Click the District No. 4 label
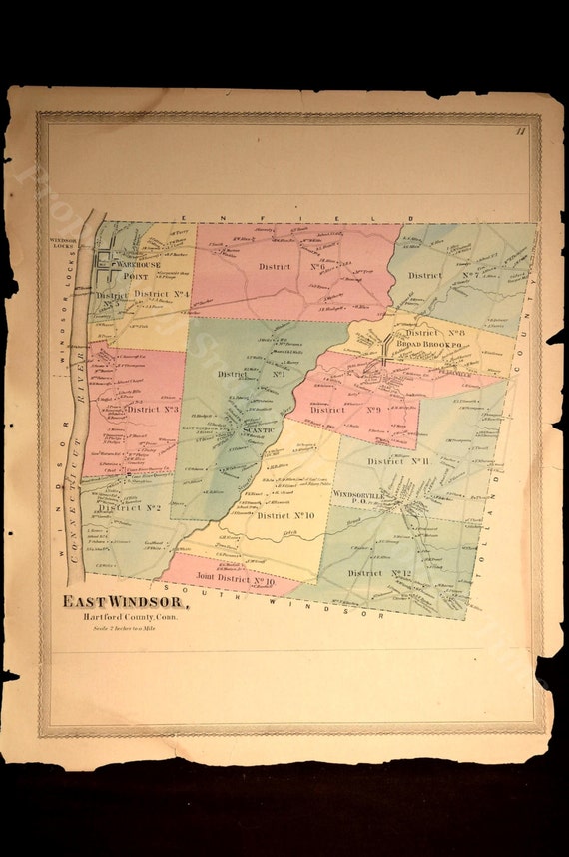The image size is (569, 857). pyautogui.click(x=162, y=294)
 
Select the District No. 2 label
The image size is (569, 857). pyautogui.click(x=130, y=507)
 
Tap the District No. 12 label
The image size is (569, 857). pyautogui.click(x=379, y=573)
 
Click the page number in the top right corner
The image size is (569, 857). pyautogui.click(x=520, y=131)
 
